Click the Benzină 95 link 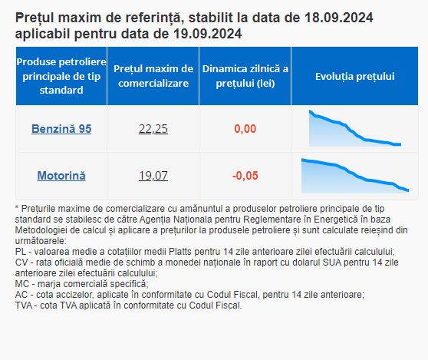tap(61, 129)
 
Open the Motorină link tap(61, 176)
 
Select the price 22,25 tap(153, 129)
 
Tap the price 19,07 tap(153, 176)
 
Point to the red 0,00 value tap(245, 129)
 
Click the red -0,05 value tap(245, 176)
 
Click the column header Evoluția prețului tap(355, 76)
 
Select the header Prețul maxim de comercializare tap(153, 76)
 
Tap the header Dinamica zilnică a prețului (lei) tap(245, 76)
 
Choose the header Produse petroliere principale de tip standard tap(61, 76)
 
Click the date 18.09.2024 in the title tap(338, 18)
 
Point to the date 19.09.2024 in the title tap(207, 34)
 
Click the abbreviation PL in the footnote tap(21, 252)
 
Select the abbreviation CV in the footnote tap(21, 263)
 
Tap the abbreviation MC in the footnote tap(21, 284)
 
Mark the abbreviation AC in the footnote tap(21, 295)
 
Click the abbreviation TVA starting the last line tap(24, 305)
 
